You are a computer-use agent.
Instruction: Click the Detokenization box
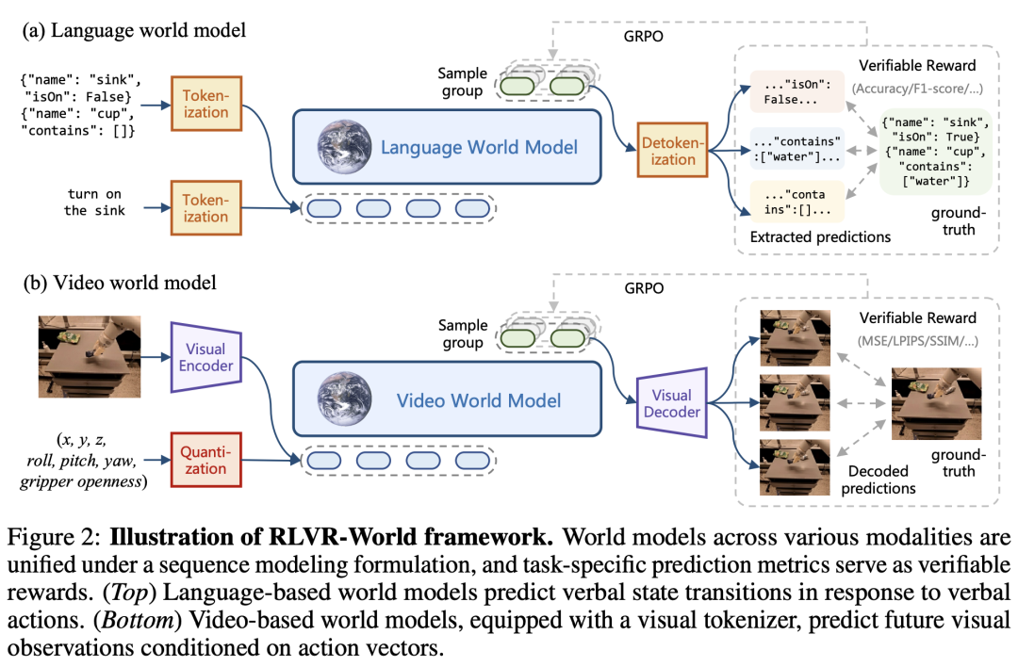[x=672, y=150]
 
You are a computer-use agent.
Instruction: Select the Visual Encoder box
[x=205, y=357]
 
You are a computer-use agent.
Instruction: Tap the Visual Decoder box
[x=671, y=403]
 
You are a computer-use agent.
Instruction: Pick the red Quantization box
[x=205, y=460]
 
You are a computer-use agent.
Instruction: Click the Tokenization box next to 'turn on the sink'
[x=205, y=207]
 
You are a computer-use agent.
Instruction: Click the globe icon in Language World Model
[x=344, y=147]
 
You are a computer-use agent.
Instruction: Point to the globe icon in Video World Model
[x=344, y=399]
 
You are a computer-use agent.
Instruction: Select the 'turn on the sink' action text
[x=95, y=202]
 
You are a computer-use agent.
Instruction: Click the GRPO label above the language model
[x=644, y=37]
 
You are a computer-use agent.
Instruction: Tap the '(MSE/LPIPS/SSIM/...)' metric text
[x=917, y=341]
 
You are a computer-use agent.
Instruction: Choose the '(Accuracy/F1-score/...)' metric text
[x=917, y=89]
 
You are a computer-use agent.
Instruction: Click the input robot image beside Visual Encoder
[x=90, y=356]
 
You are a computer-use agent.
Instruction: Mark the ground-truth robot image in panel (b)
[x=936, y=403]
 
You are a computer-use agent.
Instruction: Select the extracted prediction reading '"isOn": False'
[x=796, y=91]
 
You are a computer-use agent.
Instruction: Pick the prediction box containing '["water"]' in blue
[x=796, y=149]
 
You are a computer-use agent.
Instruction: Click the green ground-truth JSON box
[x=936, y=151]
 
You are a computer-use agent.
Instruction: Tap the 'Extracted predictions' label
[x=820, y=236]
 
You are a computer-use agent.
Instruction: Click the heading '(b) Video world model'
[x=120, y=283]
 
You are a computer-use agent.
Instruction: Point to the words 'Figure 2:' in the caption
[x=54, y=537]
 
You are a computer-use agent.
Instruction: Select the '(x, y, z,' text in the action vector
[x=82, y=440]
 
